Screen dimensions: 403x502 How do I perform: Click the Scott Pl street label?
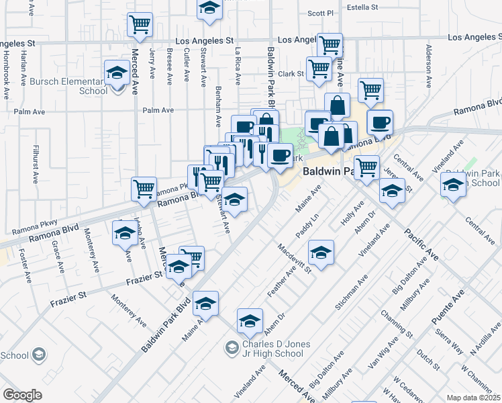(x=320, y=13)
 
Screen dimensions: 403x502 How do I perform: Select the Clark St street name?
(x=292, y=74)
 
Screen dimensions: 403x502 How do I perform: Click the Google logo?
(x=22, y=395)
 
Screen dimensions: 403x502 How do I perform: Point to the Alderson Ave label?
(x=428, y=66)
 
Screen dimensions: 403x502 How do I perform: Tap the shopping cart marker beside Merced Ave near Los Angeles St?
(x=140, y=26)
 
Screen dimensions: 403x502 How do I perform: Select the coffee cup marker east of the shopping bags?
(x=380, y=122)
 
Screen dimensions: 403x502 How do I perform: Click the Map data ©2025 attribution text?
(x=474, y=398)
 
